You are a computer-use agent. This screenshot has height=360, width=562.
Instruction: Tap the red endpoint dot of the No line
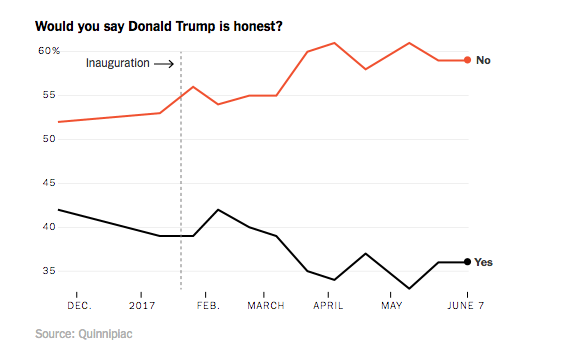pos(467,60)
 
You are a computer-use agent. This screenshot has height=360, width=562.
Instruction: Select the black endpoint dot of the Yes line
pos(467,262)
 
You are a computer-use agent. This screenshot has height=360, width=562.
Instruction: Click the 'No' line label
pos(483,60)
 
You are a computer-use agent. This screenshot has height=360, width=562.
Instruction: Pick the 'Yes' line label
pos(484,262)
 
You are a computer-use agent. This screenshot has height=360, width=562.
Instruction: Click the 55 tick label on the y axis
pos(48,95)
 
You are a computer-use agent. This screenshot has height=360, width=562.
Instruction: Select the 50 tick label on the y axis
pos(48,139)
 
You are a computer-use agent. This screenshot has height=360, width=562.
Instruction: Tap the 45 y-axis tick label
pos(48,183)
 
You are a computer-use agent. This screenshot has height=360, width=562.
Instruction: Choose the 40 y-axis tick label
pos(48,227)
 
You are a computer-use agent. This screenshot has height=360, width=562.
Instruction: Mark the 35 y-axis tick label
pos(48,271)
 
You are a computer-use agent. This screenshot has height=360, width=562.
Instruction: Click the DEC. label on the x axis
pos(80,305)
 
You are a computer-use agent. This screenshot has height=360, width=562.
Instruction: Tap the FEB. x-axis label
pos(208,305)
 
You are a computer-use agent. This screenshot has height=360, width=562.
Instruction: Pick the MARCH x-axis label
pos(266,305)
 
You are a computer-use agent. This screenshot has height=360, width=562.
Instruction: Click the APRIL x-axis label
pos(328,305)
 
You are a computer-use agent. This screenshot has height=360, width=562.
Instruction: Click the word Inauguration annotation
pos(117,63)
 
